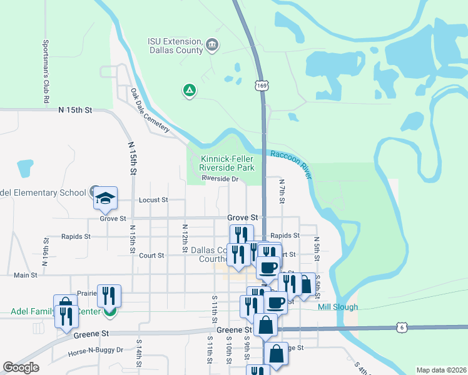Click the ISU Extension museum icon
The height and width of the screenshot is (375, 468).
point(212,44)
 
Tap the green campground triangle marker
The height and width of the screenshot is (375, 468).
point(189,91)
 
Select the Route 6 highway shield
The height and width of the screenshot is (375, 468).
point(402,327)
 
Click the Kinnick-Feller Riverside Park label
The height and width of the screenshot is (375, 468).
point(226,163)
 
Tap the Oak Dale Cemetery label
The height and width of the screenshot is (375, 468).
point(150,111)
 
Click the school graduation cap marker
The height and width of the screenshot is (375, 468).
point(106,199)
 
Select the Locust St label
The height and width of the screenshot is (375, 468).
point(153,200)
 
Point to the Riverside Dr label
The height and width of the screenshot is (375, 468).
point(220,179)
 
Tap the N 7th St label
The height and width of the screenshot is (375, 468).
point(282,191)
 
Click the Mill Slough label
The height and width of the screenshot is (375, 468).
point(338,307)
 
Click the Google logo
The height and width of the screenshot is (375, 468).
point(21,367)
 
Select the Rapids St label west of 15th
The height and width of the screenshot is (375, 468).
point(76,237)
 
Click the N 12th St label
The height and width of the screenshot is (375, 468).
point(185,238)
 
